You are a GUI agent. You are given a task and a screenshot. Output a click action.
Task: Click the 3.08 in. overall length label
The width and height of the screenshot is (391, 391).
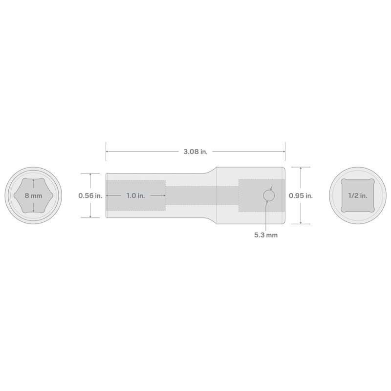coord(195,152)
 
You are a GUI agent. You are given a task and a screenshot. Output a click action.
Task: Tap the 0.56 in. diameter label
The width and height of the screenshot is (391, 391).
coord(90,195)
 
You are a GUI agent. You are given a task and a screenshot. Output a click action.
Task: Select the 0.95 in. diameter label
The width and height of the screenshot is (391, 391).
coord(301,195)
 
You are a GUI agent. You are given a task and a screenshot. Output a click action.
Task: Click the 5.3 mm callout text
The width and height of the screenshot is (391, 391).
coord(265,235)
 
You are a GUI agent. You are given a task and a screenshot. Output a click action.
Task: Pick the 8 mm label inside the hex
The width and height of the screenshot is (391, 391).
coord(33,195)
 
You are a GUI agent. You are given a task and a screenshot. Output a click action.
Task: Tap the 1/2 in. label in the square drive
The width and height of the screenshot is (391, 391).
coord(358,195)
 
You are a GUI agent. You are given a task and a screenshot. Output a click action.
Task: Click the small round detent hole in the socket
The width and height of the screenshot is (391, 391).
coord(269,195)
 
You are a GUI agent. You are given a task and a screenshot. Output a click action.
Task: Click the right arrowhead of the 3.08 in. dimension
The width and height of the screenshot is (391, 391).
coord(283,152)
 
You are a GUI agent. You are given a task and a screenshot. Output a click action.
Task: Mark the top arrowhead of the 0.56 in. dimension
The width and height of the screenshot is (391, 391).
coord(90,174)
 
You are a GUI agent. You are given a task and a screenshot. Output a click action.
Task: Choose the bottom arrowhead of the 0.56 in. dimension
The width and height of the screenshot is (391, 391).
coord(90,217)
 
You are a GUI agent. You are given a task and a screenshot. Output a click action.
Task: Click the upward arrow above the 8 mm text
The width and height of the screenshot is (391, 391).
coord(33,181)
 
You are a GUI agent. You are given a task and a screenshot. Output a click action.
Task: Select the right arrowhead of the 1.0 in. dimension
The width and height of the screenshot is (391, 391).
coord(164,195)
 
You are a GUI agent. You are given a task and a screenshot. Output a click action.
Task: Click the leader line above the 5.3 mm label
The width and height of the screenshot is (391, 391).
coord(265,215)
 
